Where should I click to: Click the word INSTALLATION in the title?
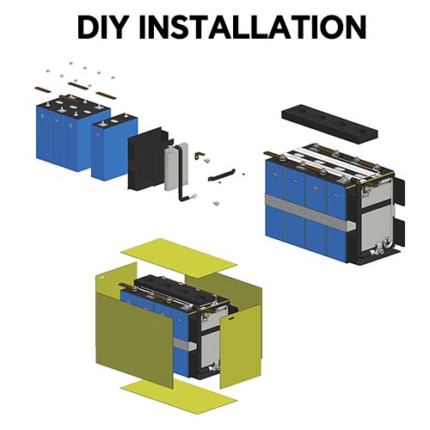tap(253, 27)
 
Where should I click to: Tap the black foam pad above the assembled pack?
tap(329, 121)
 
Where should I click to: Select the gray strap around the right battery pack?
tap(310, 212)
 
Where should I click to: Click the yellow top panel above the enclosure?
tap(179, 258)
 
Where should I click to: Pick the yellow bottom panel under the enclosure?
tap(179, 398)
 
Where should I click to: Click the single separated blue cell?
tap(114, 147)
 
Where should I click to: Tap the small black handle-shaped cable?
tap(221, 175)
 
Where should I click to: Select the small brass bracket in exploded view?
tap(200, 156)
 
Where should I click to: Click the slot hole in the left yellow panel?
tap(101, 277)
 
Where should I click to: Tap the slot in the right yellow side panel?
tap(231, 317)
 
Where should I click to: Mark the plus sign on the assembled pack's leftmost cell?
tap(275, 175)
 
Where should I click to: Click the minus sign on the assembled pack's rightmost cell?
tap(335, 195)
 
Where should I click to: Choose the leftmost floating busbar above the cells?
tap(43, 89)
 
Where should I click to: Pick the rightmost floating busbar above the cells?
tap(106, 95)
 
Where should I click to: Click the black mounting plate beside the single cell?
tap(149, 159)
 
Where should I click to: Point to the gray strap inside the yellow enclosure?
tap(185, 344)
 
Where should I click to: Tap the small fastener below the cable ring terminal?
tap(216, 203)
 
